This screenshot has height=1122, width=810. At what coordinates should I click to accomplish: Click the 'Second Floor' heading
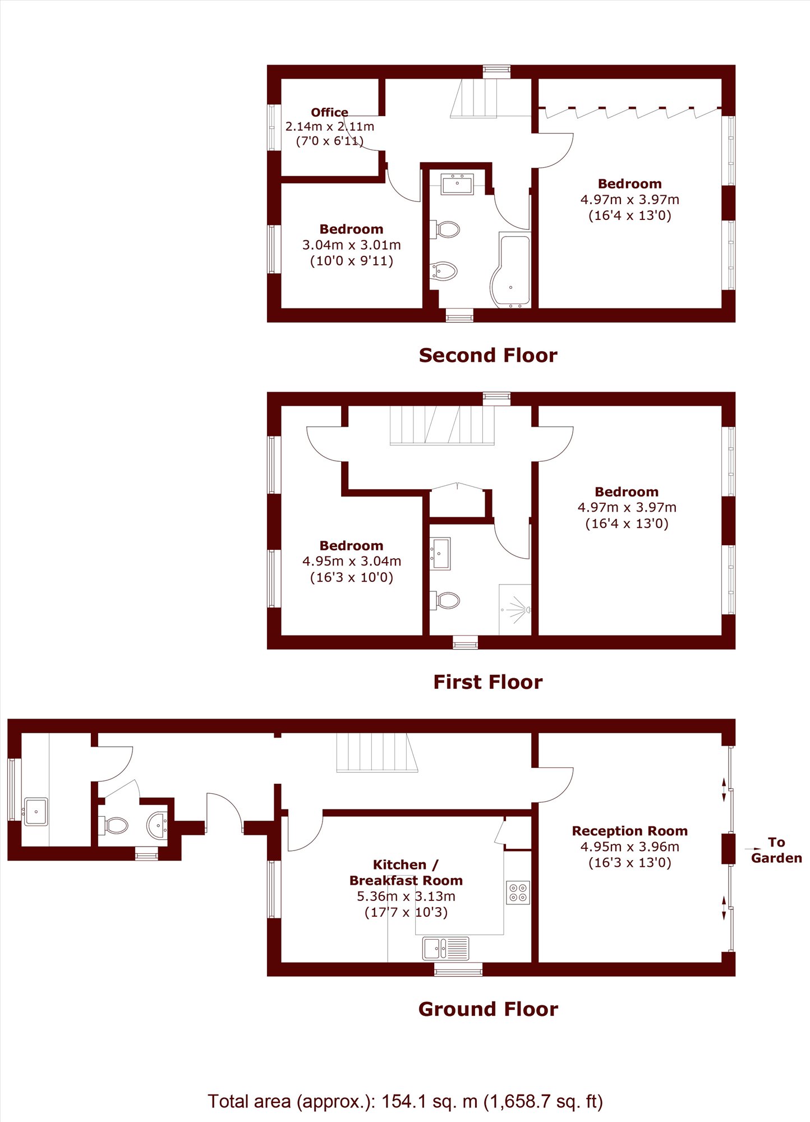click(x=488, y=355)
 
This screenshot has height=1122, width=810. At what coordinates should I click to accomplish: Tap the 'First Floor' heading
click(x=488, y=682)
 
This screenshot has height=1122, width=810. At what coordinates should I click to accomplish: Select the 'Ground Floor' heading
click(x=488, y=1009)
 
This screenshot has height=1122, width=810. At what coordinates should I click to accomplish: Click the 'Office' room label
click(x=329, y=112)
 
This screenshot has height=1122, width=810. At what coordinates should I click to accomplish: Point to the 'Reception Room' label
click(x=629, y=831)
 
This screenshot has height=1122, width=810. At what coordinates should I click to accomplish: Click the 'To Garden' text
click(x=776, y=850)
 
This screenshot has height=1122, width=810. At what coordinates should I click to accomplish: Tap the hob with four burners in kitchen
click(x=518, y=893)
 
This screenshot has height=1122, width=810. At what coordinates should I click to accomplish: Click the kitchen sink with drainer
click(x=446, y=948)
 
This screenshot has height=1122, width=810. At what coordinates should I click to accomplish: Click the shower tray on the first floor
click(x=515, y=610)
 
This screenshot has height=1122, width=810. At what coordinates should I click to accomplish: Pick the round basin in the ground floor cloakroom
click(x=157, y=825)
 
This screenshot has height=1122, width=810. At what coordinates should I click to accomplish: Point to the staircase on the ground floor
click(x=377, y=753)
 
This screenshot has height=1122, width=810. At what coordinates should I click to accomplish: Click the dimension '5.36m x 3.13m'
click(x=406, y=896)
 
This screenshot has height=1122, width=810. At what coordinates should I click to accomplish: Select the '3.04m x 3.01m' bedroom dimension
click(x=352, y=245)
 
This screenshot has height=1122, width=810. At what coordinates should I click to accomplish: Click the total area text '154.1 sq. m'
click(x=430, y=1101)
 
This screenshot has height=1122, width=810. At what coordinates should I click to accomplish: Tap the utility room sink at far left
click(x=36, y=811)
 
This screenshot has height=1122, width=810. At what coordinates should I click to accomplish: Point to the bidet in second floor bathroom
click(x=444, y=272)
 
